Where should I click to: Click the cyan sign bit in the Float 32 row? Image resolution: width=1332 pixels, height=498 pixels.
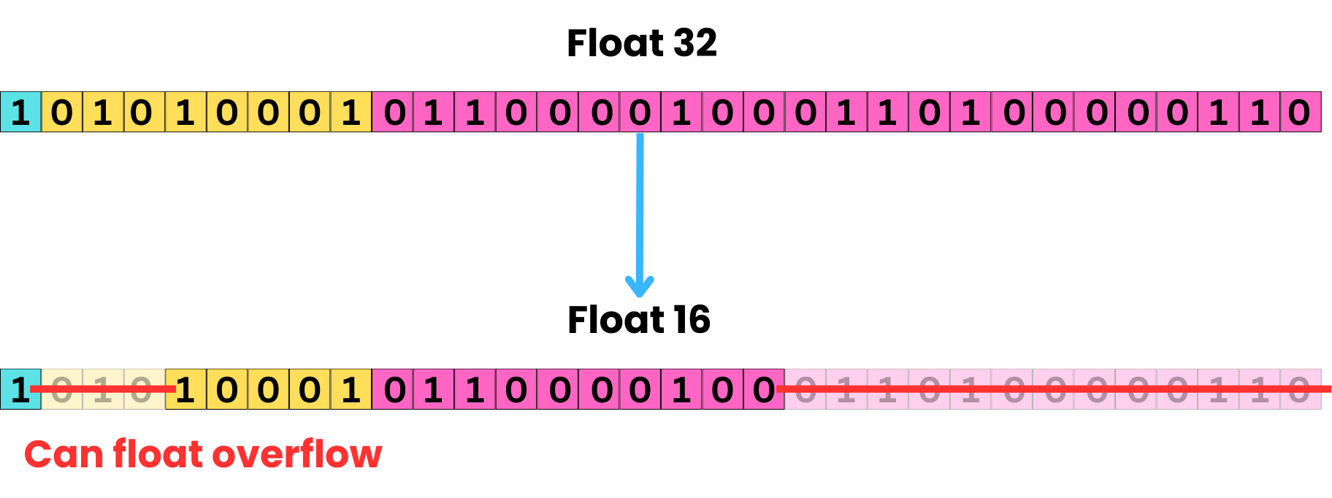[x=20, y=112]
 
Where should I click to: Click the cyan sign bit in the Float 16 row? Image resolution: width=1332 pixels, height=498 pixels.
[x=20, y=389]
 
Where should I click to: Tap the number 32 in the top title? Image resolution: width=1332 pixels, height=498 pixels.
[x=694, y=43]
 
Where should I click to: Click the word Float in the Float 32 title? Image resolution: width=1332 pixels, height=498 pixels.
[x=616, y=43]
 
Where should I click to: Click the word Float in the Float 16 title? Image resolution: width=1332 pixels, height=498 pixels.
[x=616, y=320]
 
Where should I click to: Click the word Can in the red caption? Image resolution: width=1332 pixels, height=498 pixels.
[x=64, y=454]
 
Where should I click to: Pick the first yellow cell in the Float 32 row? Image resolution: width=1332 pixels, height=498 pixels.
[x=62, y=112]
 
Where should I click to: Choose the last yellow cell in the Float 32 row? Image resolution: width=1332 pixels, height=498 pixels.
[x=351, y=112]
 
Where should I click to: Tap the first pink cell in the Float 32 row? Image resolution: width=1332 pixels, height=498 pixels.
[x=393, y=112]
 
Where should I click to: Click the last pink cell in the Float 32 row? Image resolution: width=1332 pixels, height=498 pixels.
[x=1301, y=112]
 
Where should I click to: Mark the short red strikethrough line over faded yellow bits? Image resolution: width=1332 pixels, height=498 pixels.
[x=102, y=389]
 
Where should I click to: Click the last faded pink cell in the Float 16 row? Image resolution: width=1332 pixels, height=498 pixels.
[x=1301, y=389]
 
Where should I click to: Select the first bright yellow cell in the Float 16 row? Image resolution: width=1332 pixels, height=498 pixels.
[x=186, y=389]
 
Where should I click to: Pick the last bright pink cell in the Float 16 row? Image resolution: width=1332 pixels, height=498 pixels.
[x=764, y=389]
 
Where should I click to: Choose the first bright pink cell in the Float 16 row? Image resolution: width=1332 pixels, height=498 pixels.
[x=393, y=389]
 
